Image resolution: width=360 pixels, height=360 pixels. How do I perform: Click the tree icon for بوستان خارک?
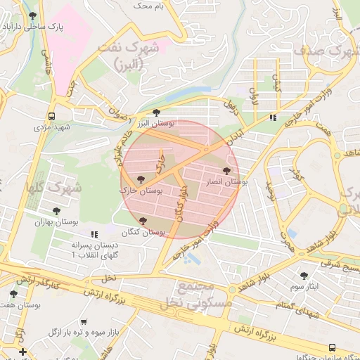tap(141, 180)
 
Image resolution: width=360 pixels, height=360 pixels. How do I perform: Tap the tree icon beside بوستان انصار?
tap(226, 171)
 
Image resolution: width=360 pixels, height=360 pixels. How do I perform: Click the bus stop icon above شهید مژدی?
tap(51, 116)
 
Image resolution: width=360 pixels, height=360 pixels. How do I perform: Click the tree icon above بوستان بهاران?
tap(57, 211)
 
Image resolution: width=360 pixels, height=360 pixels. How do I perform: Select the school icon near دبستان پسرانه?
tap(94, 235)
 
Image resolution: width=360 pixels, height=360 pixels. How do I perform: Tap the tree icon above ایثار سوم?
tap(304, 276)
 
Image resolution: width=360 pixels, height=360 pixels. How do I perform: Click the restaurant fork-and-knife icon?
tap(272, 117)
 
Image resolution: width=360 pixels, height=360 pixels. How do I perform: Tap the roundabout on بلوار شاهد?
tap(231, 289)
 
